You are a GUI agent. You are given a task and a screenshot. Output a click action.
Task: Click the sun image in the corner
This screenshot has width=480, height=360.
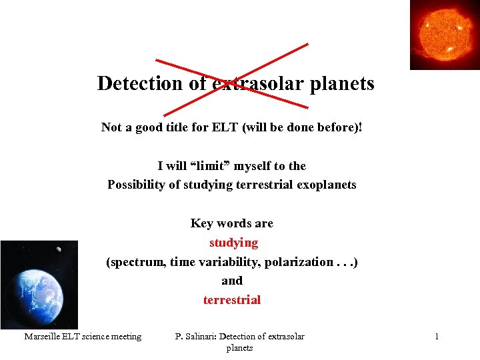[x=445, y=34]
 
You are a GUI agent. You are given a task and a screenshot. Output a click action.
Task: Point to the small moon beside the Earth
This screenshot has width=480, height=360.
[x=59, y=249]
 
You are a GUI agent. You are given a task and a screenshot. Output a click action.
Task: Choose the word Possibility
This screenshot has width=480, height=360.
[x=137, y=185]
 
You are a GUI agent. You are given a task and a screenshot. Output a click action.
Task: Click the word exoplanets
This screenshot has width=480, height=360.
[x=324, y=185]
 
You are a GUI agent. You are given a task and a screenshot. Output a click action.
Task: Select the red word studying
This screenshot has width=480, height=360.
[x=233, y=243]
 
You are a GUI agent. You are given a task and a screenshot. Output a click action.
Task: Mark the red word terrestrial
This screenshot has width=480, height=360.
[x=232, y=300]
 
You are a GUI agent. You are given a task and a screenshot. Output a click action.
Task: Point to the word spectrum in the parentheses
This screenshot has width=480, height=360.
[x=136, y=262]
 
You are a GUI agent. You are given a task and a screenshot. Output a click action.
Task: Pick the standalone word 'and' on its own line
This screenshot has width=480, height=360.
[x=232, y=281]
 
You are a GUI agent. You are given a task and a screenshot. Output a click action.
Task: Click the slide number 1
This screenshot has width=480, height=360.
[x=437, y=337]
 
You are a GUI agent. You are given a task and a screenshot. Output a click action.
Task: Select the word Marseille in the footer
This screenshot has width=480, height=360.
[x=42, y=337]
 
